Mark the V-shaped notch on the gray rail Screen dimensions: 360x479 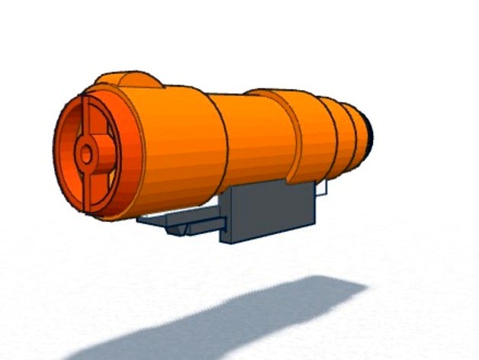(183, 228)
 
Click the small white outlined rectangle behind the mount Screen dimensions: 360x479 (322, 188)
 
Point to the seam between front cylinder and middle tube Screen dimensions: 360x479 (224, 141)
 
